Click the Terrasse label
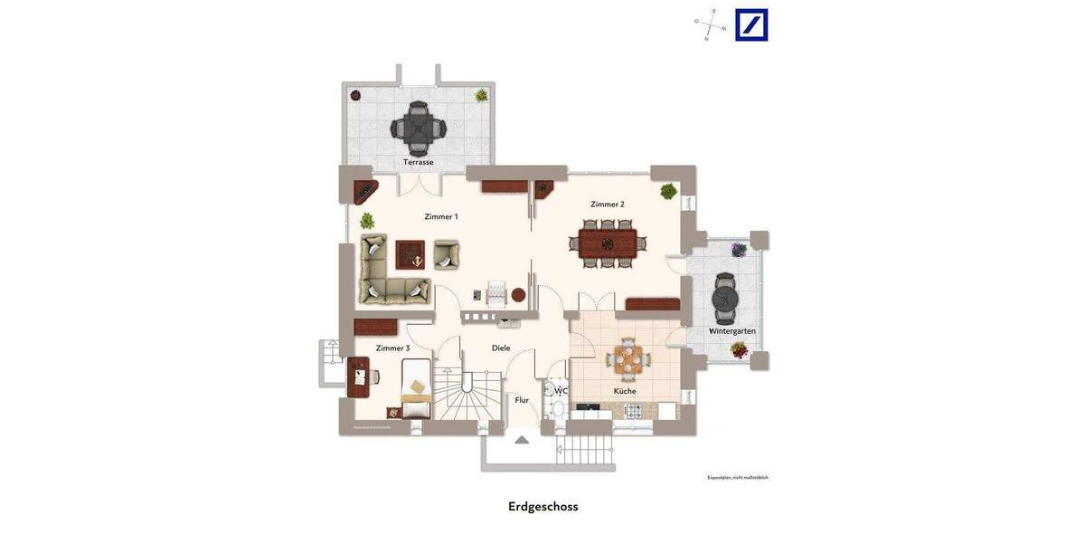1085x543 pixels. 418,162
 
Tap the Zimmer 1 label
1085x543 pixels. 441,217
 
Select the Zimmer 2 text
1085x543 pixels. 608,205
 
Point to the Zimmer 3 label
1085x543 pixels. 392,348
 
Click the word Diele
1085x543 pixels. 501,348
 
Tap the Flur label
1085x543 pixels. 522,400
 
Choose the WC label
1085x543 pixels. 561,391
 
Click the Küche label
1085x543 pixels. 625,391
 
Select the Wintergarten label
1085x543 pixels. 732,331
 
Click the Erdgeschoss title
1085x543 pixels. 542,507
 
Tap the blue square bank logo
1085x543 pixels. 751,25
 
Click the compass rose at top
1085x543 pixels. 711,25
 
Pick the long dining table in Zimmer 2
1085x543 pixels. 608,243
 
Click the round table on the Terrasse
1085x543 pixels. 418,129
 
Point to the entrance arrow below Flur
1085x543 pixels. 522,440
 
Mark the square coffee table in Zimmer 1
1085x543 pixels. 410,254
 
